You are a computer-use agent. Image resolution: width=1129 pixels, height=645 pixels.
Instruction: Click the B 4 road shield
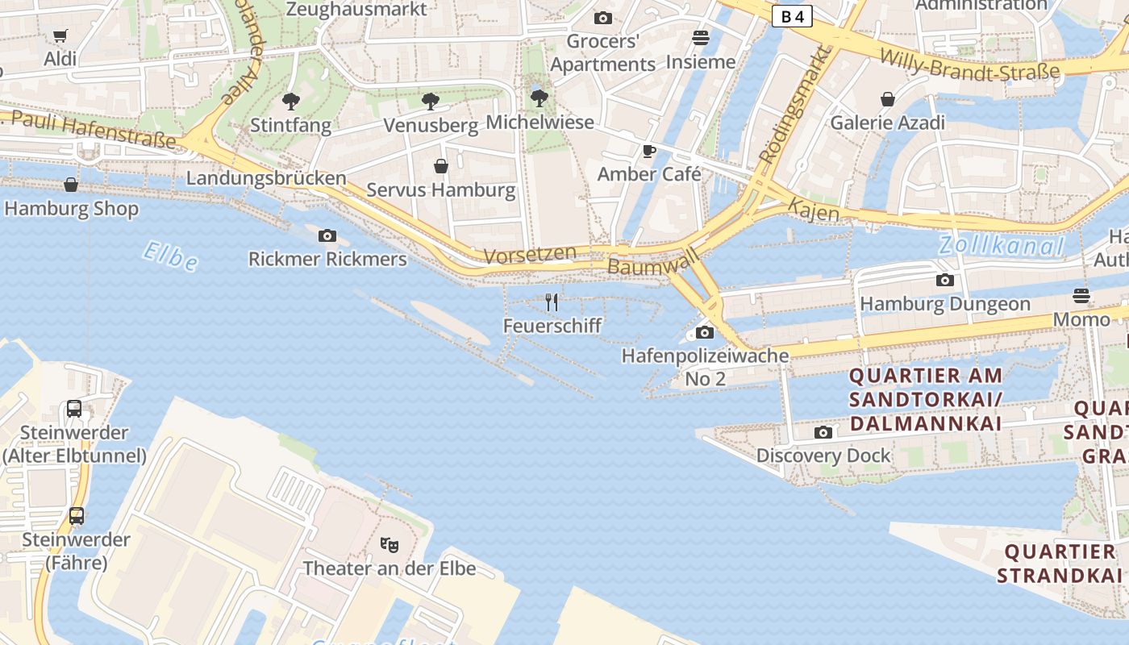point(791,16)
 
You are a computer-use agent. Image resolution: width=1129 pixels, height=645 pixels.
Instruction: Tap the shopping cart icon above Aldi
point(60,35)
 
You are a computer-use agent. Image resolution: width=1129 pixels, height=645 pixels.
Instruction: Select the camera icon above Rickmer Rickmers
point(327,236)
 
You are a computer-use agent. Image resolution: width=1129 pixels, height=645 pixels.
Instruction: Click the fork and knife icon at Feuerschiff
point(552,302)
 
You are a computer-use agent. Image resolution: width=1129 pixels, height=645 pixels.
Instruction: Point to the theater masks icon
point(390,545)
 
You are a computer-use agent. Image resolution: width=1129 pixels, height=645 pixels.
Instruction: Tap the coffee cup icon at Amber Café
point(649,151)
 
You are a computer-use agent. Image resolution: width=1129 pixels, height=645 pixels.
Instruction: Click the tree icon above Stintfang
point(290,102)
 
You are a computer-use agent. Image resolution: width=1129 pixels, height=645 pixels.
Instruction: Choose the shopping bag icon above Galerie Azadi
point(887,99)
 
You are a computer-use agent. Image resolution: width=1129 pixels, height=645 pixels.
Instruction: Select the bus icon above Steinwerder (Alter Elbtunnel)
point(74,409)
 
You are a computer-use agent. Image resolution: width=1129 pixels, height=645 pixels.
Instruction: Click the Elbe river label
point(170,256)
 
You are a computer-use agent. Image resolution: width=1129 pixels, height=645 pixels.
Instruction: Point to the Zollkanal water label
point(1001,245)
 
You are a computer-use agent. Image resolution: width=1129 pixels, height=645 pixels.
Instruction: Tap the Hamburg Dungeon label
point(945,304)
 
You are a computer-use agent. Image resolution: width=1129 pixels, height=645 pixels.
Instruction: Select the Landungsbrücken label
point(266,178)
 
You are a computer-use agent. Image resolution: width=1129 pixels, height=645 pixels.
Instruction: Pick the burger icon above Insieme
point(700,38)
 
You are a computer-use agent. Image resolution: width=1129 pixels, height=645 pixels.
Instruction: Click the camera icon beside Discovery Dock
point(823,433)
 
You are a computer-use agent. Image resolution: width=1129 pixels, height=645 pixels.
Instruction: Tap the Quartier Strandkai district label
point(1059,564)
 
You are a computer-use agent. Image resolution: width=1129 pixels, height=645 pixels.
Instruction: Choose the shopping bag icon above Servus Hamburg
point(441,166)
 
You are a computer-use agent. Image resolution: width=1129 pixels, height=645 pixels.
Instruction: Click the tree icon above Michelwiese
point(539,98)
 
